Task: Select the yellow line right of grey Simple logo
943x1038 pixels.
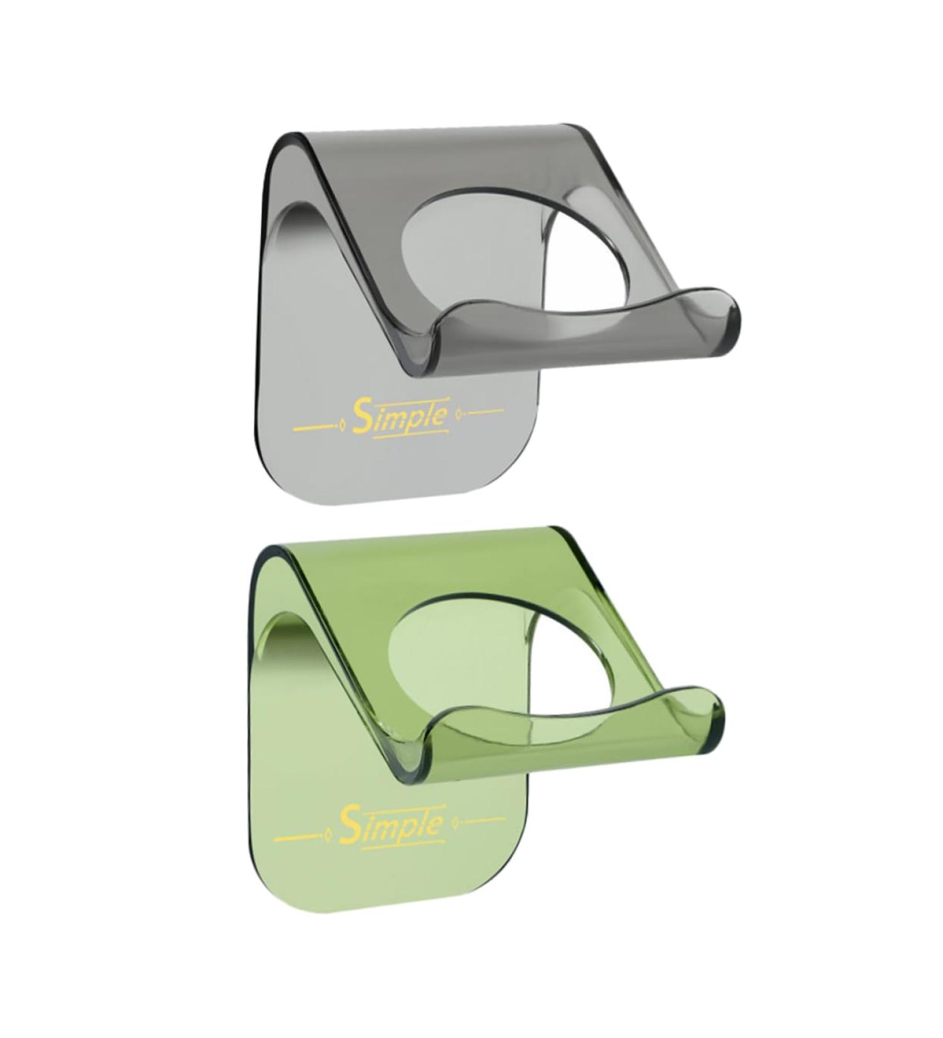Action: tap(483, 411)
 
